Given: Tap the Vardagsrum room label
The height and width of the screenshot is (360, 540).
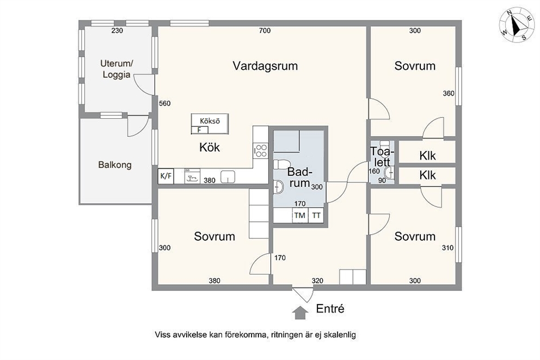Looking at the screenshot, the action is point(265,66).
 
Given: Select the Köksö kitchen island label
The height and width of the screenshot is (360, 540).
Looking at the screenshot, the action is point(210,121).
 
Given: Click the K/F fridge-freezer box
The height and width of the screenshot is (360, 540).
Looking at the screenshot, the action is point(165,176).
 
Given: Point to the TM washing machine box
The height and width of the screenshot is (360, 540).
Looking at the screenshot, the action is point(300,216).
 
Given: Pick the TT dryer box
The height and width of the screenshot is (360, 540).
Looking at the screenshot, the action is point(316,216).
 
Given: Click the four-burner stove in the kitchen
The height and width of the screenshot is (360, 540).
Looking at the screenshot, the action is point(261,150).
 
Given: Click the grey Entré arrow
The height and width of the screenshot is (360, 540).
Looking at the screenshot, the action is point(300,313).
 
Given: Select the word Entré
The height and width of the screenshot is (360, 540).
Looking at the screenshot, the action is point(330,309).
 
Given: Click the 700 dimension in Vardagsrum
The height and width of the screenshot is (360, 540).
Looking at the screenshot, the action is point(265,30).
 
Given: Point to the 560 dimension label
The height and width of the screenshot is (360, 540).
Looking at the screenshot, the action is point(164,103).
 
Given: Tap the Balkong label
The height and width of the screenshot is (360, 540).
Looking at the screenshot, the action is point(115,164).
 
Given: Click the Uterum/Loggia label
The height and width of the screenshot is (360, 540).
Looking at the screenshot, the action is point(116,69).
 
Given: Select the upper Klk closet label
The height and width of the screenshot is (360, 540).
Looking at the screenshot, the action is point(427,156).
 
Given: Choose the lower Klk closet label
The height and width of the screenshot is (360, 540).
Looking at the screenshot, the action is point(427,175).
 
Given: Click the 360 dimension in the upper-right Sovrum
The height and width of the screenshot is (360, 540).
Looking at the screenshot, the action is point(449,93).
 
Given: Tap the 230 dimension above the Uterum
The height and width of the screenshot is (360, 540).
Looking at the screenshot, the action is point(117,30).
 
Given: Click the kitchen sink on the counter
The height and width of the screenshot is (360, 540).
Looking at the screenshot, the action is point(228,176).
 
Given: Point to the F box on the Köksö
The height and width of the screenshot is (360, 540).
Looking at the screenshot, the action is point(199,130).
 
